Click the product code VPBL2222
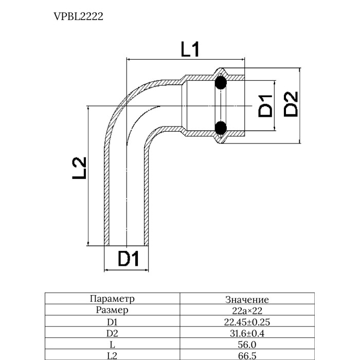click(79, 16)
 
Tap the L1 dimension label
click(189, 50)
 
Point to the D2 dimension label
click(291, 103)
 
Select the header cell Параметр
click(112, 299)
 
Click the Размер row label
click(112, 310)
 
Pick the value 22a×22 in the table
click(247, 311)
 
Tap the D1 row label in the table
click(112, 322)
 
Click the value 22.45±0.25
click(247, 322)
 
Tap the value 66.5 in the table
click(247, 356)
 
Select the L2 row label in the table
click(112, 356)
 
